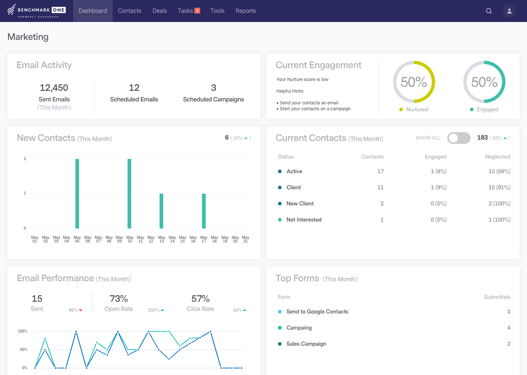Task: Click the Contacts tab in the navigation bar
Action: click(129, 11)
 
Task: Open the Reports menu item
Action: click(246, 11)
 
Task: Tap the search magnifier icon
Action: click(489, 11)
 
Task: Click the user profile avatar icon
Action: click(509, 11)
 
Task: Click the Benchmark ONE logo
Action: click(37, 11)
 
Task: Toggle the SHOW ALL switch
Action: click(459, 138)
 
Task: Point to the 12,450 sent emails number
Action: click(54, 88)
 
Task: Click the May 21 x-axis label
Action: click(246, 239)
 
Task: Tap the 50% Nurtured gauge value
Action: click(414, 82)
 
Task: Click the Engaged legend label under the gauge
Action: click(487, 109)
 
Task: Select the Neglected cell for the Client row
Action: click(499, 187)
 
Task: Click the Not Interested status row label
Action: click(304, 220)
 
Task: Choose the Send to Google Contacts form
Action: click(317, 312)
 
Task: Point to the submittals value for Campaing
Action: click(508, 328)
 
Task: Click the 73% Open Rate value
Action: click(119, 299)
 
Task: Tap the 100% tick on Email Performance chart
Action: click(23, 331)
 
